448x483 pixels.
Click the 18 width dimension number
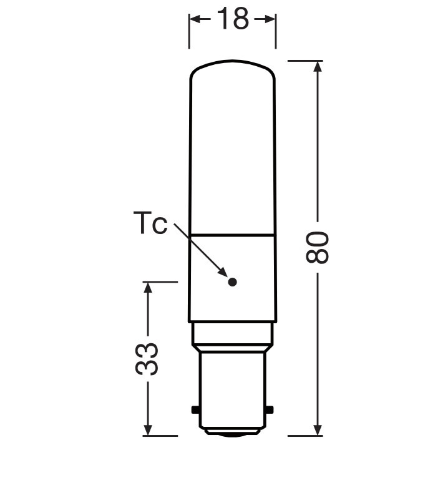pyautogui.click(x=233, y=19)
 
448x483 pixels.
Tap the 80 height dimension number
pyautogui.click(x=318, y=247)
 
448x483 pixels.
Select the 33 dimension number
pyautogui.click(x=147, y=359)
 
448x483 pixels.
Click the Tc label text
pyautogui.click(x=150, y=222)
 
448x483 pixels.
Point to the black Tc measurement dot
pyautogui.click(x=233, y=281)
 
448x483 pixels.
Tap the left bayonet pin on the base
pyautogui.click(x=195, y=410)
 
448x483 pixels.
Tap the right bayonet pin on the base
pyautogui.click(x=270, y=410)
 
